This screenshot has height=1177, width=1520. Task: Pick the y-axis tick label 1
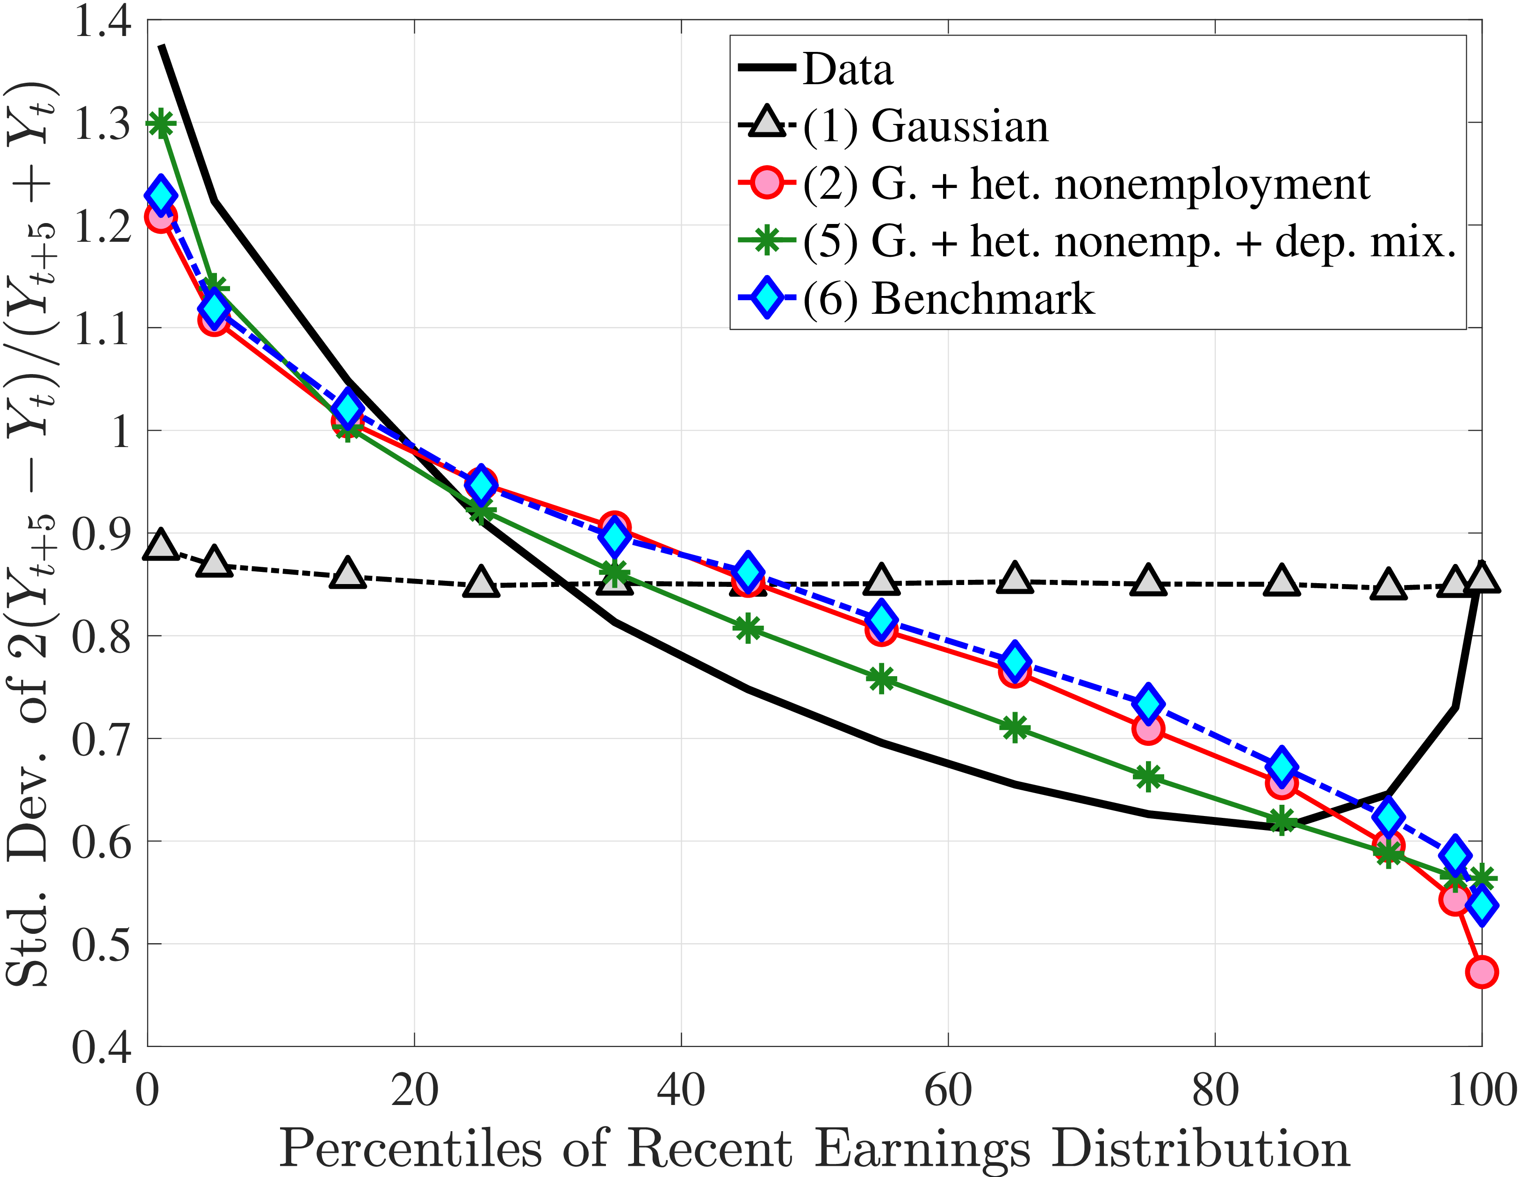pyautogui.click(x=121, y=431)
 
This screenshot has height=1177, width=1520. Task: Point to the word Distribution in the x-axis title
pyautogui.click(x=1201, y=1148)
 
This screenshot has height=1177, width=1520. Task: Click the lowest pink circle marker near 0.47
pyautogui.click(x=1482, y=972)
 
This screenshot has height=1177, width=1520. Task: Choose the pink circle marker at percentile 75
pyautogui.click(x=1148, y=729)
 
